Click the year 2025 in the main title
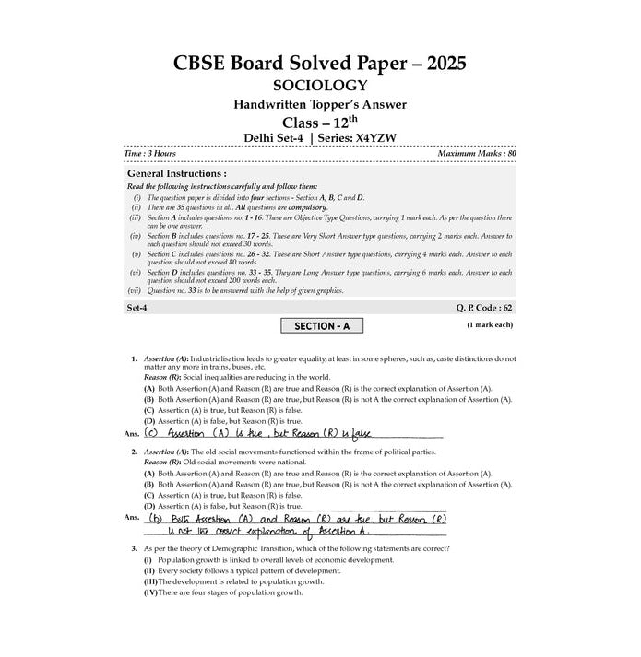pyautogui.click(x=440, y=64)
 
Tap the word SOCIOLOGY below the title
pyautogui.click(x=320, y=86)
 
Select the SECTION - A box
pyautogui.click(x=321, y=325)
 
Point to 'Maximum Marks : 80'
pyautogui.click(x=477, y=152)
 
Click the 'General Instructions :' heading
pyautogui.click(x=176, y=173)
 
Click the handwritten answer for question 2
pyautogui.click(x=295, y=524)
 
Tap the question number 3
pyautogui.click(x=134, y=548)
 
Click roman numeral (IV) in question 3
pyautogui.click(x=149, y=592)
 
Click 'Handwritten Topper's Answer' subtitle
pyautogui.click(x=320, y=104)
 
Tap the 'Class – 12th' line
pyautogui.click(x=320, y=122)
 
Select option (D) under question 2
pyautogui.click(x=148, y=506)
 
